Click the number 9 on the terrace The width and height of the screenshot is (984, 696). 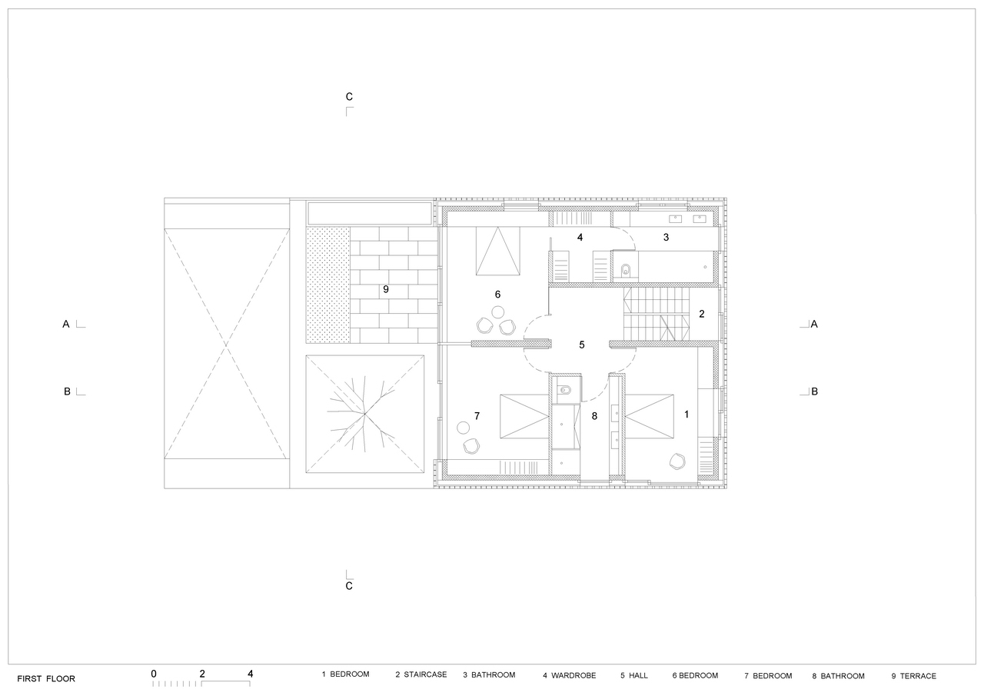point(386,289)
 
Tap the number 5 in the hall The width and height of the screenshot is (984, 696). point(582,345)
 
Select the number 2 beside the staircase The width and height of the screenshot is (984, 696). point(702,314)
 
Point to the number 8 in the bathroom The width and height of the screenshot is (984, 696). point(594,416)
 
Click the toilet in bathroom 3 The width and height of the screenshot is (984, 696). point(626,271)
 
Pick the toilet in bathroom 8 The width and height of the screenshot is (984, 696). point(563,389)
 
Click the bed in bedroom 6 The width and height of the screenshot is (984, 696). point(497,251)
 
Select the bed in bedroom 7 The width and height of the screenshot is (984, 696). point(524,416)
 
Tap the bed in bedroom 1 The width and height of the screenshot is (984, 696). point(650,416)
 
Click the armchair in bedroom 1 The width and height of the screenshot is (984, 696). point(677,461)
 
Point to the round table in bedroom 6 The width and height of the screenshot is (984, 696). point(497,312)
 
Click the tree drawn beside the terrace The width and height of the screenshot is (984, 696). point(364,414)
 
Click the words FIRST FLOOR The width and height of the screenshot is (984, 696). point(46,679)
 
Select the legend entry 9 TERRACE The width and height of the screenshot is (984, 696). point(914,676)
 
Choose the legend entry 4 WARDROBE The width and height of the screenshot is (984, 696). point(570,675)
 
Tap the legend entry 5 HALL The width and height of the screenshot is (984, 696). point(634,675)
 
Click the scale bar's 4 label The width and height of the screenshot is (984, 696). point(251,674)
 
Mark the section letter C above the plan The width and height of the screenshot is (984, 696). point(349,97)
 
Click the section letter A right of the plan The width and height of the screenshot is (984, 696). point(814,325)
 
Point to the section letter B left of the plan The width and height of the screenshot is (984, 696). point(67,391)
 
